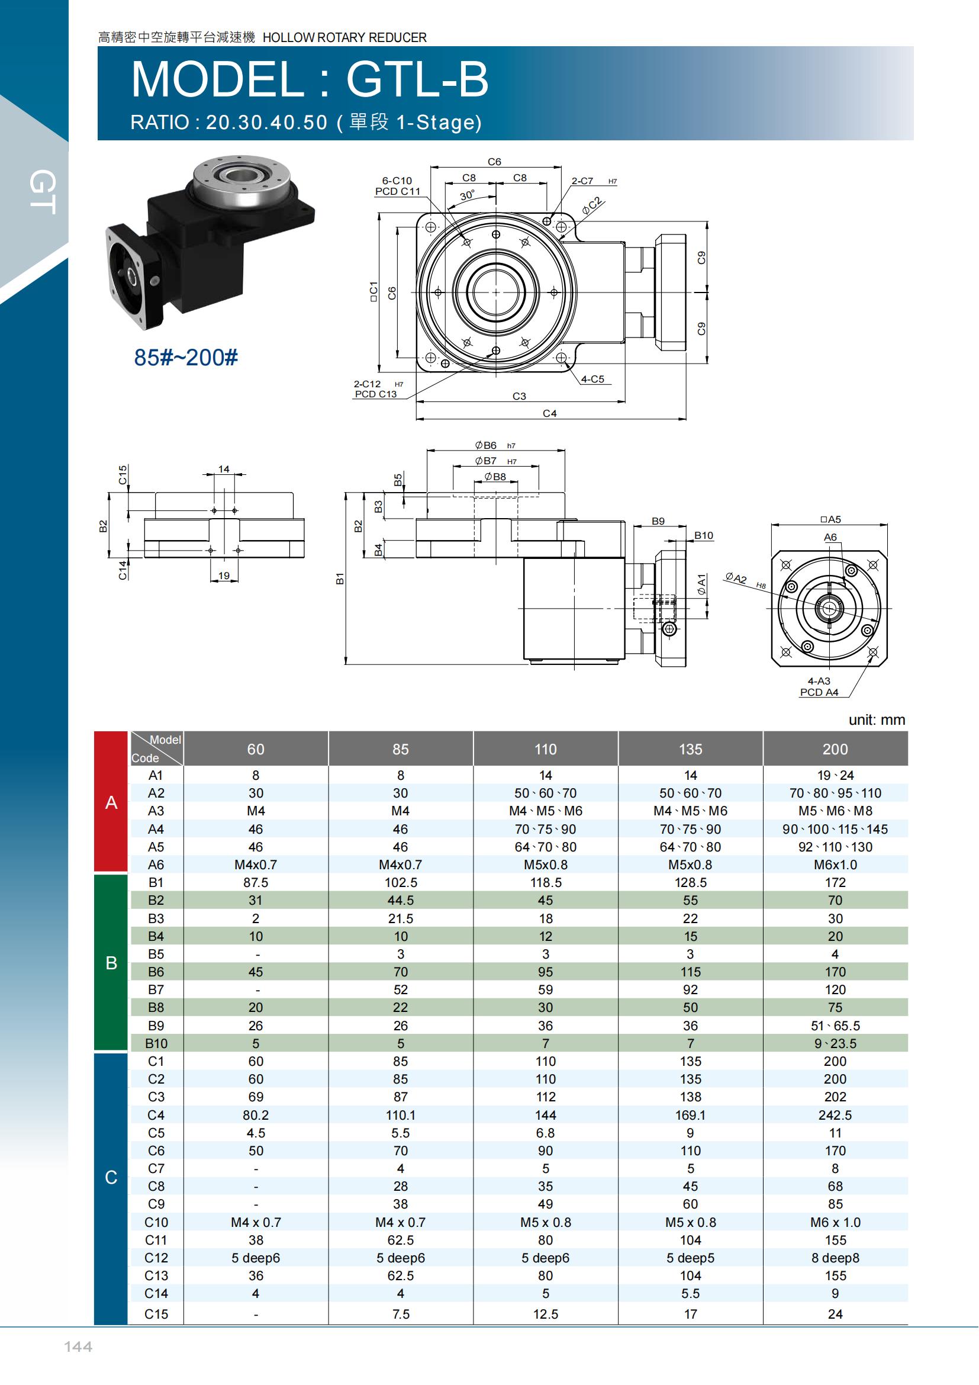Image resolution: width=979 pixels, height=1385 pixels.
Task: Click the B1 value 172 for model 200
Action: (835, 882)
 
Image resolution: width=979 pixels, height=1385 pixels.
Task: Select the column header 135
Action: (690, 749)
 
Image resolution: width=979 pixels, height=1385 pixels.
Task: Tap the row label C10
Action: (156, 1222)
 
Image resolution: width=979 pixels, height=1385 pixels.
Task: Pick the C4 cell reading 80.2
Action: (256, 1116)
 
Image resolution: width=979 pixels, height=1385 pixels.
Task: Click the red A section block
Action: (111, 802)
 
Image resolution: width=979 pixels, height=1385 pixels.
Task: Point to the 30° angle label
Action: (467, 195)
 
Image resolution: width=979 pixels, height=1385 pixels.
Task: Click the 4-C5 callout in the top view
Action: (592, 379)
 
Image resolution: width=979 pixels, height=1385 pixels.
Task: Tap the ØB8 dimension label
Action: (495, 477)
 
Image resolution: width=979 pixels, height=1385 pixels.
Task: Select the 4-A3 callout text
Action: (819, 681)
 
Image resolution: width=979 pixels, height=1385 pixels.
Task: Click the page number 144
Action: (78, 1347)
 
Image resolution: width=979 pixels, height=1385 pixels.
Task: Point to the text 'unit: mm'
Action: (877, 719)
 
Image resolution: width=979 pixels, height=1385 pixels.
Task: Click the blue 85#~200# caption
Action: (186, 358)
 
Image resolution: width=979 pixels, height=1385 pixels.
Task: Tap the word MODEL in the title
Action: (218, 79)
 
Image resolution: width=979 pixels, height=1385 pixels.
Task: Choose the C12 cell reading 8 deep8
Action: (835, 1258)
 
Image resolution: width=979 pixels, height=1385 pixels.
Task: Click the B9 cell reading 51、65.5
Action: (835, 1026)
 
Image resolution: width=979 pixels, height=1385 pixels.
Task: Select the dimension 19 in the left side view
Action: (224, 576)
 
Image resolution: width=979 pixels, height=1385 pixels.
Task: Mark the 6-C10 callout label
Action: (397, 181)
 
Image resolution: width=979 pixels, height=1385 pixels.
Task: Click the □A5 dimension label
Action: (830, 519)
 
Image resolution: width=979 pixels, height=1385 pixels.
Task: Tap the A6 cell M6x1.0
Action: (835, 865)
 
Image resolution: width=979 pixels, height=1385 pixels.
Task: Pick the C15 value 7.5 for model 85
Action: (401, 1314)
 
